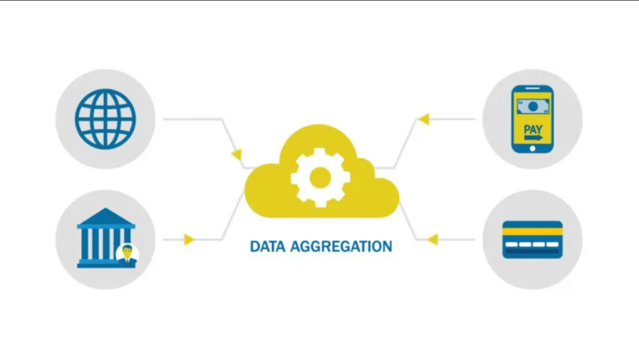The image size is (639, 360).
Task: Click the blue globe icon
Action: point(105,119)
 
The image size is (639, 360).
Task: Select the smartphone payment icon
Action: point(532,119)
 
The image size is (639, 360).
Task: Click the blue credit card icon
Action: point(532,239)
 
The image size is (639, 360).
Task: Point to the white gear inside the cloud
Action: point(319,177)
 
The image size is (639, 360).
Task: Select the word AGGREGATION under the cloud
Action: point(341,247)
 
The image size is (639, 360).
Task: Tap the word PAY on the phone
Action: point(532,131)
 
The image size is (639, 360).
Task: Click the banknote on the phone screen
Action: point(532,106)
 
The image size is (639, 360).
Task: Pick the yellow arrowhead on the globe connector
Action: point(236,155)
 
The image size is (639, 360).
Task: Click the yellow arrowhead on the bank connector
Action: point(190,239)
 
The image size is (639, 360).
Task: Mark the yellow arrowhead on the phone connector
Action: point(423,119)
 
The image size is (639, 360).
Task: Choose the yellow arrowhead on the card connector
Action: point(432,239)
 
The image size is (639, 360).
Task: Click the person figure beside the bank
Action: point(128,254)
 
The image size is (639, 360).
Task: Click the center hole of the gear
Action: point(319,177)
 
